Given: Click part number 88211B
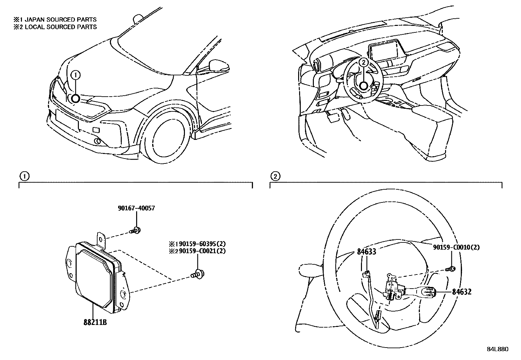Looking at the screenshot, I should point(95,322).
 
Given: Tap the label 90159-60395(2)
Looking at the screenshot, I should point(200,244).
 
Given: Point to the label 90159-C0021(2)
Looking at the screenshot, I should point(200,251).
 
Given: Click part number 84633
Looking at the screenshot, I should point(366,252).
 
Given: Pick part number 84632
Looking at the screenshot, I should point(462,292).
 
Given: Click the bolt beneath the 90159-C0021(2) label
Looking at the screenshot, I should point(197,273).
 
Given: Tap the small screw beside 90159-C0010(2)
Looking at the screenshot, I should point(451,269).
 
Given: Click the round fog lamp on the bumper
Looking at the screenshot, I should point(97,141).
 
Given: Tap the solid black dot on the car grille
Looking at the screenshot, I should point(75,99).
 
